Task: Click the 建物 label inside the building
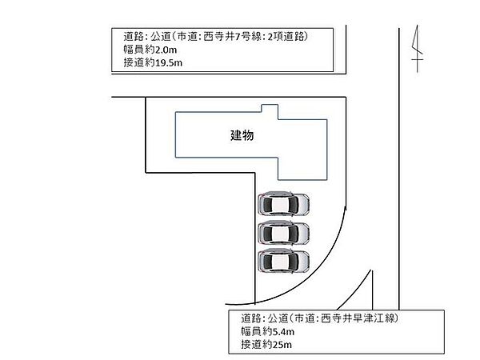[x=242, y=135]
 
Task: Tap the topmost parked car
[x=283, y=203]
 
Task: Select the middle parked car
[x=283, y=232]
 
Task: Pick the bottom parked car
[x=283, y=261]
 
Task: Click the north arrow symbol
[x=418, y=49]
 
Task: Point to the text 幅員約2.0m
[x=150, y=50]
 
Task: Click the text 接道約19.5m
[x=153, y=62]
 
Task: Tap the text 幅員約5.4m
[x=267, y=331]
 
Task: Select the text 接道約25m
[x=266, y=344]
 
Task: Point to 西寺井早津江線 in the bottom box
[x=358, y=318]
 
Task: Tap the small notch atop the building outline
[x=270, y=108]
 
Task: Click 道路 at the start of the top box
[x=134, y=37]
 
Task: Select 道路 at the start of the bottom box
[x=251, y=318]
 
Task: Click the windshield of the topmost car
[x=294, y=204]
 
